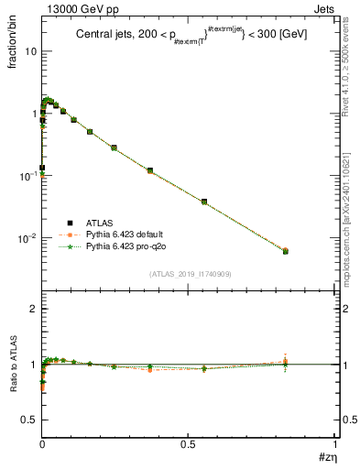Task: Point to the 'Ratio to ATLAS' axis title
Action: click(x=12, y=378)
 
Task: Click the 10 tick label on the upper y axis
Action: click(x=31, y=51)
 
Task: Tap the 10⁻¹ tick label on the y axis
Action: click(x=27, y=175)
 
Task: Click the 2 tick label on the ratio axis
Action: click(x=33, y=310)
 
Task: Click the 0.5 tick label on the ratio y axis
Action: click(x=29, y=420)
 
